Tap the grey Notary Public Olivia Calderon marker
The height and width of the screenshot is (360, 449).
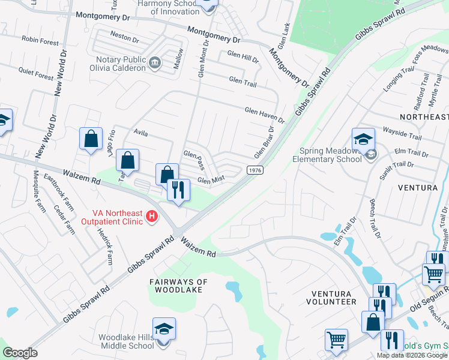pyautogui.click(x=155, y=62)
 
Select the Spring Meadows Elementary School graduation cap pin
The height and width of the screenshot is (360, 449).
pyautogui.click(x=363, y=140)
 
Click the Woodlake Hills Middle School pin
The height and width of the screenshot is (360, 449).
pyautogui.click(x=164, y=329)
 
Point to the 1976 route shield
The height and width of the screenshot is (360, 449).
pyautogui.click(x=255, y=170)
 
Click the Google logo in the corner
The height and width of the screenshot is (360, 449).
pyautogui.click(x=20, y=352)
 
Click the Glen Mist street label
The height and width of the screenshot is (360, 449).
pyautogui.click(x=211, y=180)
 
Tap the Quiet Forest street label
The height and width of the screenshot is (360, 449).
pyautogui.click(x=36, y=74)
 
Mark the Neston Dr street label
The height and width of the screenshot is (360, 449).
pyautogui.click(x=125, y=37)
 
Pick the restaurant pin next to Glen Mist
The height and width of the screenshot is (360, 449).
pyautogui.click(x=178, y=191)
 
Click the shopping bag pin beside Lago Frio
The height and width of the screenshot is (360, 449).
pyautogui.click(x=91, y=139)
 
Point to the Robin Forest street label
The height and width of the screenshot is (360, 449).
pyautogui.click(x=40, y=41)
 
